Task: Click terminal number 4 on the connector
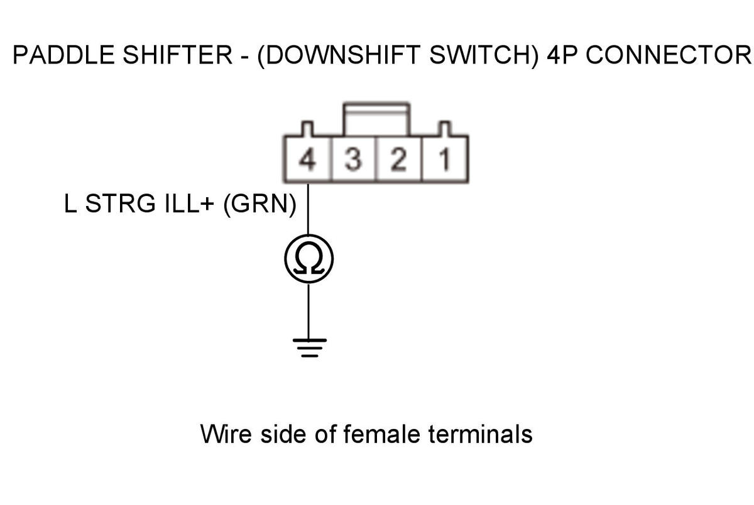pyautogui.click(x=307, y=159)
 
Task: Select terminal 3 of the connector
pyautogui.click(x=353, y=159)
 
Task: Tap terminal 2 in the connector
pyautogui.click(x=399, y=159)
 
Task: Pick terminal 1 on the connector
pyautogui.click(x=445, y=159)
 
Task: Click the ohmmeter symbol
pyautogui.click(x=309, y=259)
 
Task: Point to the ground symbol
pyautogui.click(x=309, y=348)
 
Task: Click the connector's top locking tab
pyautogui.click(x=376, y=119)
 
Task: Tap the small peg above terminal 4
pyautogui.click(x=307, y=129)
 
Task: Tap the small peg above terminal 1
pyautogui.click(x=445, y=129)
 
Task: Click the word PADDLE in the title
pyautogui.click(x=63, y=55)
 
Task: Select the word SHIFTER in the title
pyautogui.click(x=177, y=55)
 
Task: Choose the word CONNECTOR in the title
pyautogui.click(x=669, y=55)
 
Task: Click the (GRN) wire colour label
pyautogui.click(x=260, y=204)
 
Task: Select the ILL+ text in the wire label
pyautogui.click(x=189, y=204)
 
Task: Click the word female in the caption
pyautogui.click(x=382, y=433)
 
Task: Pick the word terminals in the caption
pyautogui.click(x=480, y=433)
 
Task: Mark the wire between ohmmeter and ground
pyautogui.click(x=309, y=311)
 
